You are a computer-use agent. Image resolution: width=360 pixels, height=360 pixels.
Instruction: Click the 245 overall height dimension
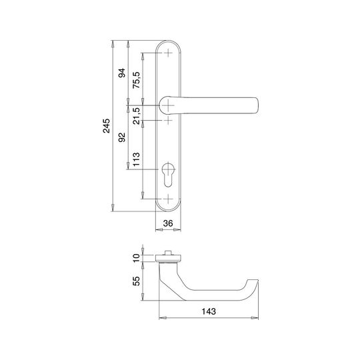tap(106, 126)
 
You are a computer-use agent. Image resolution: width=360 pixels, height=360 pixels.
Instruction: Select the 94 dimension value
tap(122, 73)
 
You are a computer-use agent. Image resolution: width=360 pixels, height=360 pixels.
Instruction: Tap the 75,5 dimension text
tap(136, 80)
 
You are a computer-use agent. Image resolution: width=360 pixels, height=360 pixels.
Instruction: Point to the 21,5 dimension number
tap(136, 116)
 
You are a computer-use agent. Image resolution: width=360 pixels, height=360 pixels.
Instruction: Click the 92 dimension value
tap(122, 137)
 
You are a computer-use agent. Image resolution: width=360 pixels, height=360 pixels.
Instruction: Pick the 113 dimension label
tap(136, 159)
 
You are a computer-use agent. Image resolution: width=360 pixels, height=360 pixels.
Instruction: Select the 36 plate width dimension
tap(168, 223)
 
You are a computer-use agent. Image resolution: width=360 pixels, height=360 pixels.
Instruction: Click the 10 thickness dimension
tap(137, 258)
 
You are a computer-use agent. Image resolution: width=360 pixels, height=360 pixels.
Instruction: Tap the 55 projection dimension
tap(137, 281)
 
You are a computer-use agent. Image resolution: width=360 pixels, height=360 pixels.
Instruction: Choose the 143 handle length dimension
tap(209, 311)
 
